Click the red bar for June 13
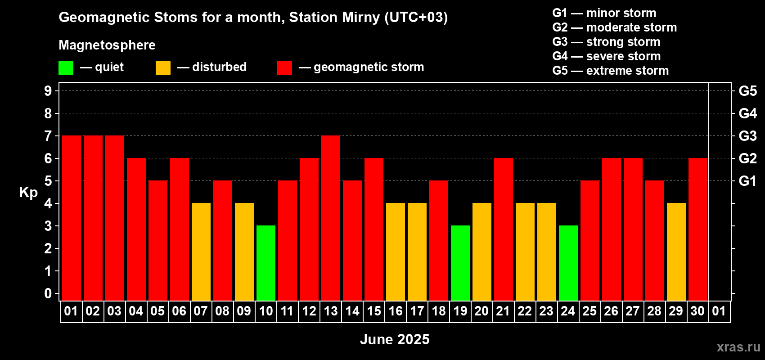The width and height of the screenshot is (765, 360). pyautogui.click(x=331, y=218)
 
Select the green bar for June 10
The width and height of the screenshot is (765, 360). pyautogui.click(x=265, y=263)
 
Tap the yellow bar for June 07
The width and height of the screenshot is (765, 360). pyautogui.click(x=201, y=252)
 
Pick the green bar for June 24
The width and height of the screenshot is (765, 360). pyautogui.click(x=568, y=263)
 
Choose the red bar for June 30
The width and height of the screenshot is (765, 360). pyautogui.click(x=697, y=229)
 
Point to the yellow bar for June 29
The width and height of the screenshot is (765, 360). pyautogui.click(x=676, y=252)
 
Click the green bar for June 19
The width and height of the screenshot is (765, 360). pyautogui.click(x=460, y=263)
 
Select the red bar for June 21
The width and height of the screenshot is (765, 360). pyautogui.click(x=504, y=229)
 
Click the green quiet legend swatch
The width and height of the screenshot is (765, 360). pyautogui.click(x=66, y=67)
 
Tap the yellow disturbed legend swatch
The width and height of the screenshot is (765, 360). pyautogui.click(x=163, y=67)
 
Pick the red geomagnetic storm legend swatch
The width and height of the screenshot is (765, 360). pyautogui.click(x=284, y=67)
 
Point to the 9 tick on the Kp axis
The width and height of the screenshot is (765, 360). pyautogui.click(x=48, y=91)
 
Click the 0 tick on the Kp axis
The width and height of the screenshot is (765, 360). pyautogui.click(x=48, y=293)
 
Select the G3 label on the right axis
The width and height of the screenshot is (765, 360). pyautogui.click(x=747, y=136)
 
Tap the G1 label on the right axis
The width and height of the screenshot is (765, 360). pyautogui.click(x=747, y=181)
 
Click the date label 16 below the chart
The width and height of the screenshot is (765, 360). pyautogui.click(x=396, y=311)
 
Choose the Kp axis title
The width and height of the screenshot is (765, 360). pyautogui.click(x=28, y=193)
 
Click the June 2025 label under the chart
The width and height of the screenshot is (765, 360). pyautogui.click(x=395, y=339)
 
